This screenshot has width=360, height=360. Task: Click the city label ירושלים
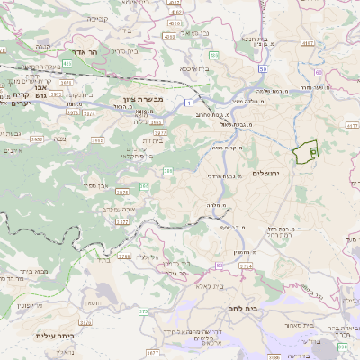[267, 173]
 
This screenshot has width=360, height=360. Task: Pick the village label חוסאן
[90, 305]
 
